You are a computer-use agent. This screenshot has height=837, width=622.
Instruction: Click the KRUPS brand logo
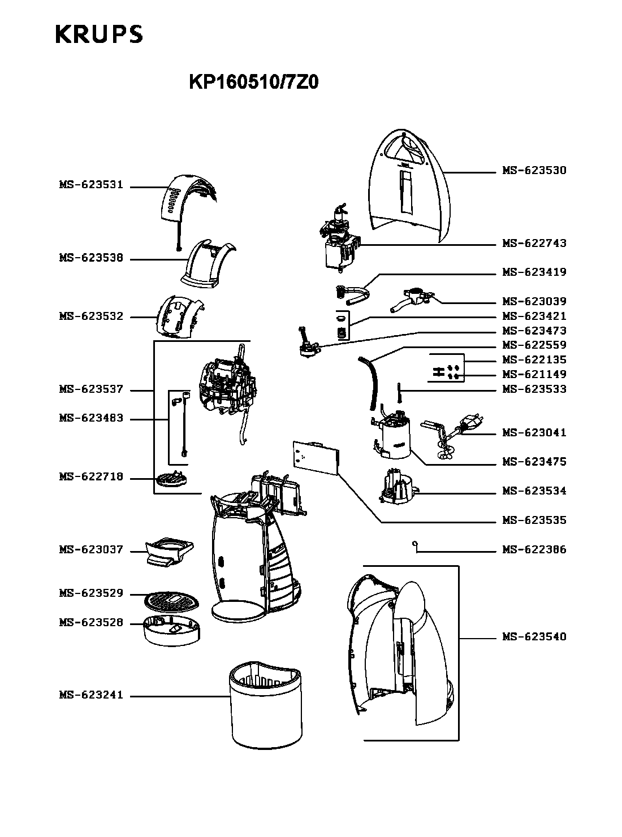(x=99, y=34)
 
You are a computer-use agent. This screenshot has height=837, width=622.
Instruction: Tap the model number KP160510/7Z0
(x=253, y=83)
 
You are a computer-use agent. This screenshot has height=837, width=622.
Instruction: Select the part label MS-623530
(x=534, y=170)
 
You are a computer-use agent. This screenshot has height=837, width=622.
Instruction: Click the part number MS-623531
(x=91, y=185)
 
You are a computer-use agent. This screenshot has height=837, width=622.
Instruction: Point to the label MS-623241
(x=91, y=696)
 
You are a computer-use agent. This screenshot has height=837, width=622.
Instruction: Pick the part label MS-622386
(x=534, y=549)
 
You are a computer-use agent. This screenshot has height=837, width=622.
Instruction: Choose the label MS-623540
(x=534, y=637)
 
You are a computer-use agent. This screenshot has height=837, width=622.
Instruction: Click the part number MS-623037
(x=91, y=550)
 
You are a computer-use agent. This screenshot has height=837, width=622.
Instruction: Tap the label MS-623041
(x=534, y=433)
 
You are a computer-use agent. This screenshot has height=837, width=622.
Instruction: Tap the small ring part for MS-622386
(x=416, y=544)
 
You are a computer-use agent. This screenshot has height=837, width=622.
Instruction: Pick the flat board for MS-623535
(x=316, y=457)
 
